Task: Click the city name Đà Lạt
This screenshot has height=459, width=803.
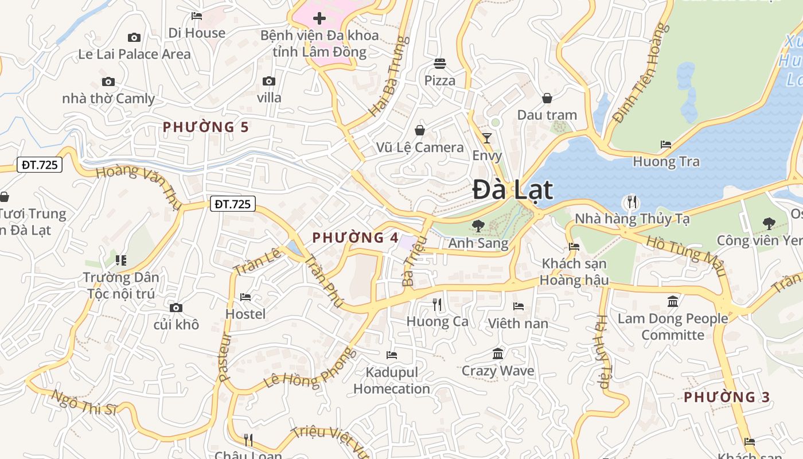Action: (x=513, y=190)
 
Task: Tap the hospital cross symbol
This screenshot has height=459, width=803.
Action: (x=319, y=18)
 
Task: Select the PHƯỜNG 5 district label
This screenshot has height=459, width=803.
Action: (x=206, y=127)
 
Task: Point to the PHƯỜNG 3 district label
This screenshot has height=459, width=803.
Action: (x=727, y=397)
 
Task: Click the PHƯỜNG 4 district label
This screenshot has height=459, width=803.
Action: (x=355, y=238)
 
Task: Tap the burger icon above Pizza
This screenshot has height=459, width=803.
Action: (x=440, y=63)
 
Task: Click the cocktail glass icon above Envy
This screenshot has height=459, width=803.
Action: (x=487, y=138)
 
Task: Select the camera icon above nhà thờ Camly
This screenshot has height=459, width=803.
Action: (x=108, y=82)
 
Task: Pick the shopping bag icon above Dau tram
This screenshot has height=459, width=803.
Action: (x=547, y=98)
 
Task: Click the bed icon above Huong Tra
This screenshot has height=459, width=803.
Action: (x=666, y=145)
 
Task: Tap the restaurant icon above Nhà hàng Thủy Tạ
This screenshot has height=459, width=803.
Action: (x=632, y=201)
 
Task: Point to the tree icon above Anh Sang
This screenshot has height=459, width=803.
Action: (x=478, y=225)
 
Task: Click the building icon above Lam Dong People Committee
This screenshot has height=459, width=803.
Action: (x=673, y=301)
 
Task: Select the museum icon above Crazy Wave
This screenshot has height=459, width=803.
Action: (x=498, y=353)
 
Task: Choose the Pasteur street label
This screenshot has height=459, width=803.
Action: (x=224, y=357)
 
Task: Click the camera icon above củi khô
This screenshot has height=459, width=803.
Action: (x=176, y=308)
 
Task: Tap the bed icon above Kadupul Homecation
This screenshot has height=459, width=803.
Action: (x=392, y=355)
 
